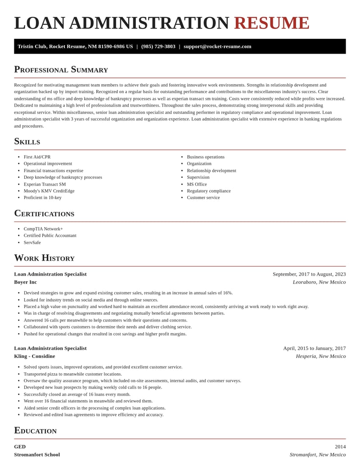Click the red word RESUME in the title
[x=271, y=23]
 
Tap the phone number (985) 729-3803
[x=158, y=46]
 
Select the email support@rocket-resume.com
[x=217, y=46]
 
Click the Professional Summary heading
[x=61, y=69]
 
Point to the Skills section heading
[x=27, y=141]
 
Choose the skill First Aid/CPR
[x=37, y=157]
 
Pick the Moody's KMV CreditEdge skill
[x=49, y=190]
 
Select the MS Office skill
[x=197, y=184]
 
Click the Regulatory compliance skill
[x=208, y=190]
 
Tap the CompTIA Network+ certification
[x=43, y=229]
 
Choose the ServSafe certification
[x=32, y=242]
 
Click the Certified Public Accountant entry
[x=50, y=235]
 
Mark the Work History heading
[x=44, y=258]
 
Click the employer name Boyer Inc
[x=25, y=282]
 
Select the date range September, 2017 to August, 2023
[x=309, y=274]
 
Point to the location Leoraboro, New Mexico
[x=319, y=282]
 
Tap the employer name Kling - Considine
[x=34, y=356]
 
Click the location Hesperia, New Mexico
[x=320, y=356]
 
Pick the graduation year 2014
[x=340, y=447]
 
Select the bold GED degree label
[x=20, y=447]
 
